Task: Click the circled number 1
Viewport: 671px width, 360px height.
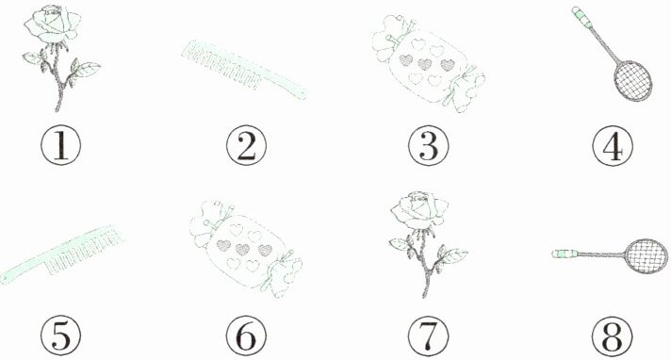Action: pyautogui.click(x=60, y=146)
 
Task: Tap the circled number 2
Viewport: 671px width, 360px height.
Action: pyautogui.click(x=246, y=146)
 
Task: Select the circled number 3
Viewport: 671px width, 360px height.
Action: pyautogui.click(x=429, y=146)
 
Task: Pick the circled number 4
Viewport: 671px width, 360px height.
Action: pyautogui.click(x=613, y=146)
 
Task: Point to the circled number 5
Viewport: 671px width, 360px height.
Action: pyautogui.click(x=60, y=335)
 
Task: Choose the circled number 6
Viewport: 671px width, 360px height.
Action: pyautogui.click(x=246, y=335)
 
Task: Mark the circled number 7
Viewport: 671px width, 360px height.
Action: pyautogui.click(x=429, y=335)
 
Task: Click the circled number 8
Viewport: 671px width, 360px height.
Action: pyautogui.click(x=613, y=335)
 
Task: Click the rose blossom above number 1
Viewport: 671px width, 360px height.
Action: pyautogui.click(x=53, y=24)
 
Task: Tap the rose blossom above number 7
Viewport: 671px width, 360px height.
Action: pyautogui.click(x=419, y=210)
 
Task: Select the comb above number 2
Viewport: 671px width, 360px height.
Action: pyautogui.click(x=244, y=70)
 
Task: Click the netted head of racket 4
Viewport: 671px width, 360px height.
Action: pyautogui.click(x=633, y=81)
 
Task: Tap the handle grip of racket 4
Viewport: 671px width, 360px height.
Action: pyautogui.click(x=582, y=17)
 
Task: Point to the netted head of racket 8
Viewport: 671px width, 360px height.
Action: pyautogui.click(x=646, y=256)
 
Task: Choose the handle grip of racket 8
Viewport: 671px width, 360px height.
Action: pyautogui.click(x=565, y=254)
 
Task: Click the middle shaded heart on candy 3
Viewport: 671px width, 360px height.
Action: pyautogui.click(x=424, y=64)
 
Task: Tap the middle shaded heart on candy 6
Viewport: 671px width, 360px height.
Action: pyautogui.click(x=242, y=249)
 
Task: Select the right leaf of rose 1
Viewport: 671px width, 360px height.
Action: pyautogui.click(x=89, y=68)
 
